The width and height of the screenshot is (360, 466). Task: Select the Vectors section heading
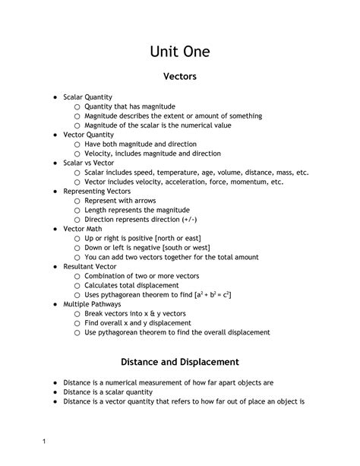(180, 77)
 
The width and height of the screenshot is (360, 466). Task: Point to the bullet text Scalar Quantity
(88, 97)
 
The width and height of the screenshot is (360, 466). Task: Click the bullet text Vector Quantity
(88, 135)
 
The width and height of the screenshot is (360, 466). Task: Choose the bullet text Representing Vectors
(97, 192)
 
